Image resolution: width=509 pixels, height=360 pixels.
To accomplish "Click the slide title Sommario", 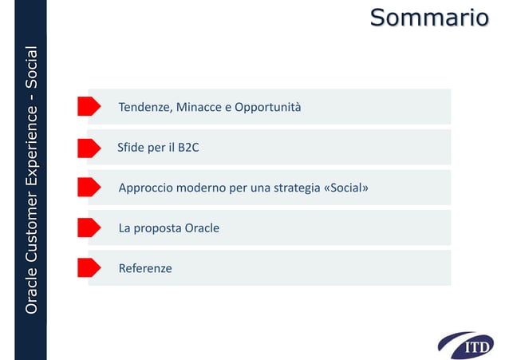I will [x=428, y=17].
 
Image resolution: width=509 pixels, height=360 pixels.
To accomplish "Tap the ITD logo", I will [x=472, y=345].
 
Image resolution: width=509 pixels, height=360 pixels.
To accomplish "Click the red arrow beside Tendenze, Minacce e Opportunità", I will [x=89, y=106].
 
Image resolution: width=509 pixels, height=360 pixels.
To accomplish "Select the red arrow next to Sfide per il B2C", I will [x=89, y=147].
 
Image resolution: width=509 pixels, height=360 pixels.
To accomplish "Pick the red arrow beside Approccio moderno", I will [x=89, y=188].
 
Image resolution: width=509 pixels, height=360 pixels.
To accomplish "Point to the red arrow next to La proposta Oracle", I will [x=89, y=227].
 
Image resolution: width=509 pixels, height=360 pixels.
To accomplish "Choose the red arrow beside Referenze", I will [x=89, y=268].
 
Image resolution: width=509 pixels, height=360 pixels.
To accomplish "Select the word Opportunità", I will [x=267, y=107].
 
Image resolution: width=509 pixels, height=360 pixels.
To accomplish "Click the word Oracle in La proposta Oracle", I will [x=202, y=228].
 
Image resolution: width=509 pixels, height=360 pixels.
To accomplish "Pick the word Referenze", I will [x=145, y=269].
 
